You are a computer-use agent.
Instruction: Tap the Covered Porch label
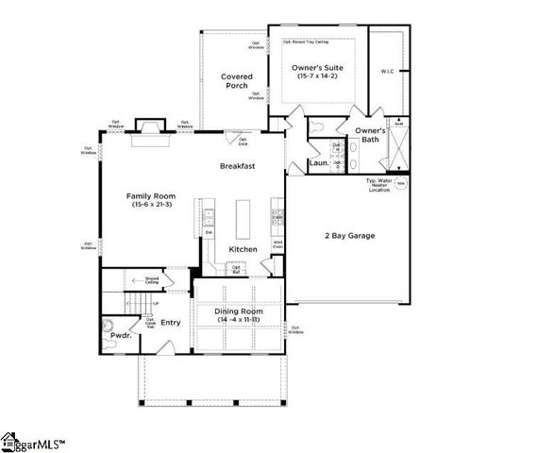pos(235,81)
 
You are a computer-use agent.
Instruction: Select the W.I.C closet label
pos(387,70)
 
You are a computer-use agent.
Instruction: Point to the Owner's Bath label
pos(370,136)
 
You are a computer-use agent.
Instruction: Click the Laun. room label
pos(318,162)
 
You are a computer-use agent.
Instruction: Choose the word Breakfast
pos(239,165)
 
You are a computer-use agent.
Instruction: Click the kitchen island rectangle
pos(243,221)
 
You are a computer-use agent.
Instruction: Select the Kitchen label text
pos(243,249)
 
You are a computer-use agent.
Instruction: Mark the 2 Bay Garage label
pos(344,235)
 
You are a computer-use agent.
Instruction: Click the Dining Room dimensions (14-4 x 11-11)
pos(238,321)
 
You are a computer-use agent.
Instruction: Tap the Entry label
pos(170,323)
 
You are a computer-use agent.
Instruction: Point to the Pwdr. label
pos(120,334)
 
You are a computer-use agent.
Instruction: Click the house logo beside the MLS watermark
pos(10,440)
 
